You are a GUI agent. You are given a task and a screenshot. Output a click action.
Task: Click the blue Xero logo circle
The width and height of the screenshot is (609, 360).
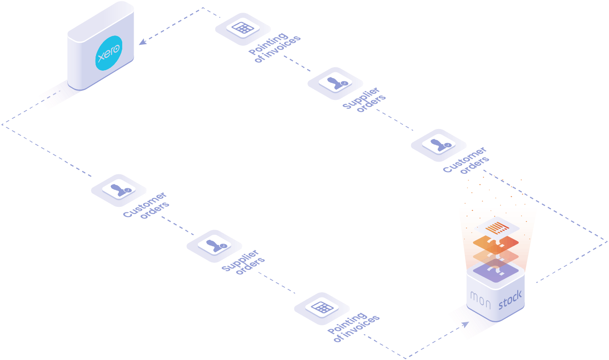coord(109,53)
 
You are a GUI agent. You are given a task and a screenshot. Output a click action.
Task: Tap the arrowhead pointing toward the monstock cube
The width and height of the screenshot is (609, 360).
coord(466,324)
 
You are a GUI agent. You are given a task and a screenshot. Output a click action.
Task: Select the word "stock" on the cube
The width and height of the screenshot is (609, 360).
coord(510,300)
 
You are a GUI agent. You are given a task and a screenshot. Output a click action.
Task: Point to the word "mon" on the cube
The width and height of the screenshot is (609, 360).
coord(481,300)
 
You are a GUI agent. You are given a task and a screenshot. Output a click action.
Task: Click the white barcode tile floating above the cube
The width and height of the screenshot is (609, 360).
coord(497,228)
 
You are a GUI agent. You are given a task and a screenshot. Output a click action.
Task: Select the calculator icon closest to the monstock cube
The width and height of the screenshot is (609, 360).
coord(322,308)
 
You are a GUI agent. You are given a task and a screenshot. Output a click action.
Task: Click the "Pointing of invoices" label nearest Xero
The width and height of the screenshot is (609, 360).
coord(274,48)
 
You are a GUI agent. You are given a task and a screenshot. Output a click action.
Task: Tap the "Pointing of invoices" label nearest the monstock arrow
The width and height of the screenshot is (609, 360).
coord(354,328)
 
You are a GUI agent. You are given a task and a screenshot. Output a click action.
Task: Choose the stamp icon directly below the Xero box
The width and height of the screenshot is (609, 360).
coord(119,190)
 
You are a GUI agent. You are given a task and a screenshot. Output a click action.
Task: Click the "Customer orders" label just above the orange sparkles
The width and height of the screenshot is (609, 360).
coord(466,160)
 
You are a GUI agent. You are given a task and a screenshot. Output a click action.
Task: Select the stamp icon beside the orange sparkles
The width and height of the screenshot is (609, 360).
coord(439,144)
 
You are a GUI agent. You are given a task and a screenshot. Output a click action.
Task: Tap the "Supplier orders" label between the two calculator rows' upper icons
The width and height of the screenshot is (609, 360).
coord(364,99)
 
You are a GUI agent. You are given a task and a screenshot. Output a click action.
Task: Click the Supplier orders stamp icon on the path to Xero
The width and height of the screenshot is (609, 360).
coord(335,82)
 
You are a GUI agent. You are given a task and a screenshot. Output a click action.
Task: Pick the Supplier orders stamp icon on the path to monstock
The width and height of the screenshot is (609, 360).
coord(214,245)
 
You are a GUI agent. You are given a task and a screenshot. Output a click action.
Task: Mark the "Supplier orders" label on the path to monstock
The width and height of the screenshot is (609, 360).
coord(243,262)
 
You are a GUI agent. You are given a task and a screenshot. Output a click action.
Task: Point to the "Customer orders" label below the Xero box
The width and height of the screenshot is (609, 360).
coord(146,205)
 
